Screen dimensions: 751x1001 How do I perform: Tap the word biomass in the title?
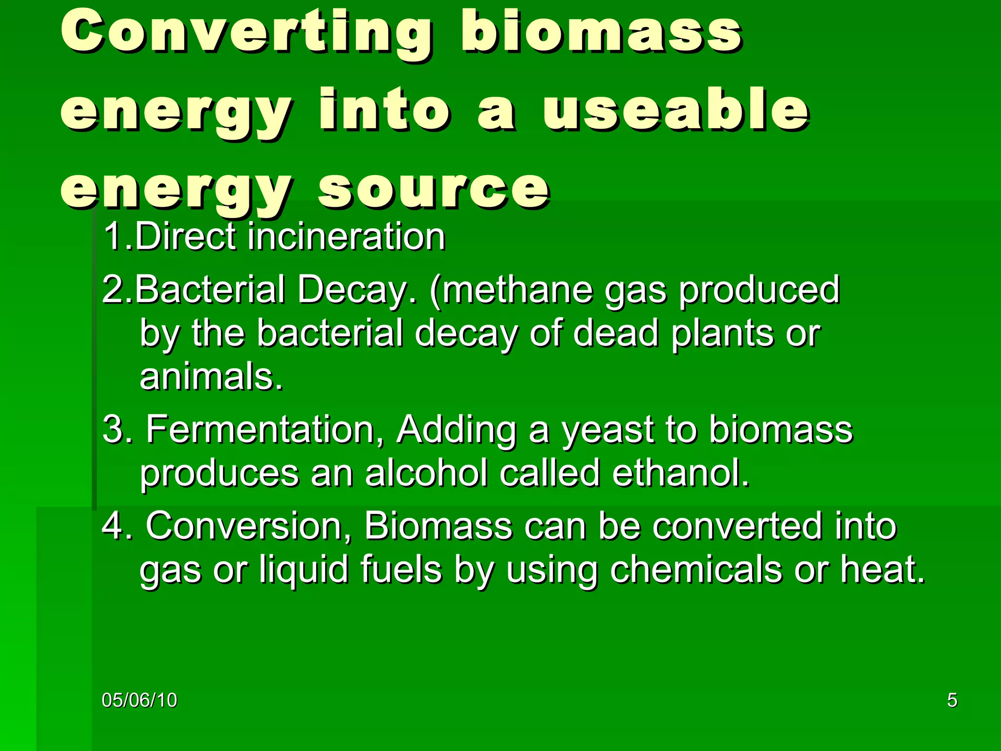tap(601, 33)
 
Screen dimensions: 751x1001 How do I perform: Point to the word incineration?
tap(347, 237)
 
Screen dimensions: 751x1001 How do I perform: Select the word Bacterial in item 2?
tap(210, 289)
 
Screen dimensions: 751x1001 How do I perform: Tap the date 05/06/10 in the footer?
tap(139, 700)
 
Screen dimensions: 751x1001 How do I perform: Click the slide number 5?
tap(952, 700)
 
